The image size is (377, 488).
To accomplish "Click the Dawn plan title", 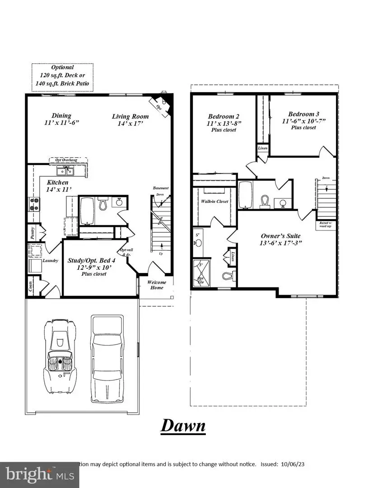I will coord(183,426).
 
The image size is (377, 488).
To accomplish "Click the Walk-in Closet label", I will coord(214,202).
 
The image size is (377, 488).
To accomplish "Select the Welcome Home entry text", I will coord(157,285).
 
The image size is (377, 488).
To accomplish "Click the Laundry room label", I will coord(50,261).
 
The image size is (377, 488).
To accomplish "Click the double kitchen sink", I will coord(66,171).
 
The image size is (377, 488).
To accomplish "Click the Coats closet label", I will coord(31,286).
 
